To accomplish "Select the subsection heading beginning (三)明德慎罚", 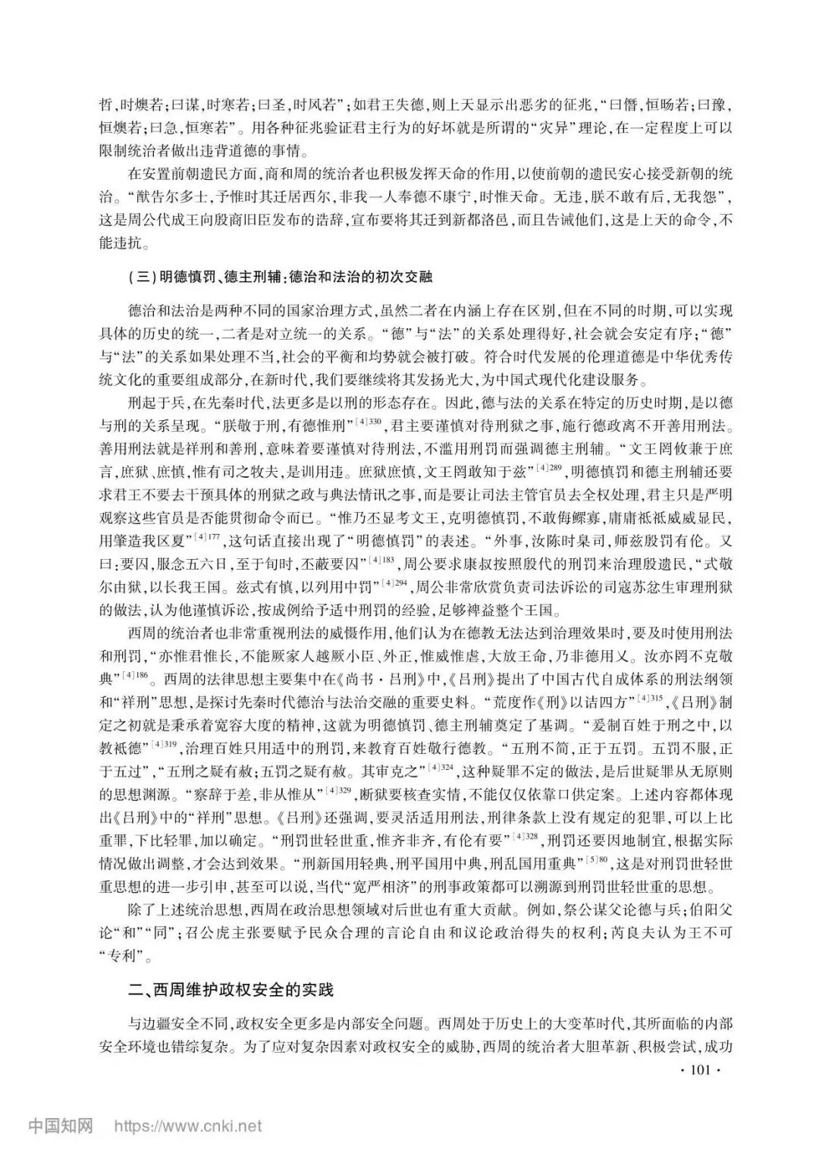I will click(281, 277).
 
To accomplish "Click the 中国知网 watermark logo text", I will click(61, 1126).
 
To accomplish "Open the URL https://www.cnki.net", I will click(188, 1126).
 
